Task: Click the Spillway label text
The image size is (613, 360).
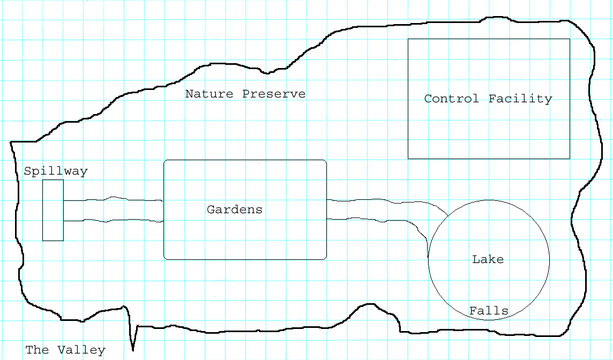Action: click(56, 171)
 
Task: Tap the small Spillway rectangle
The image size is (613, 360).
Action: click(53, 210)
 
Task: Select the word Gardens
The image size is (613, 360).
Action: click(235, 209)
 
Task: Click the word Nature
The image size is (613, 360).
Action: click(209, 94)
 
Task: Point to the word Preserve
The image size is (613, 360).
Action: click(274, 94)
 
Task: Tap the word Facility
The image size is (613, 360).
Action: click(520, 99)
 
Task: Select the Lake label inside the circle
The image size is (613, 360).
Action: click(488, 260)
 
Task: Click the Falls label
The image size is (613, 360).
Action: click(489, 311)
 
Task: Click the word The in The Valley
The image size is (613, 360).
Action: click(38, 350)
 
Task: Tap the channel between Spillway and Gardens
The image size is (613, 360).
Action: click(113, 209)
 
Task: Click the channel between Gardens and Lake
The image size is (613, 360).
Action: click(375, 210)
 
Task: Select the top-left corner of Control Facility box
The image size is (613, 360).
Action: click(408, 39)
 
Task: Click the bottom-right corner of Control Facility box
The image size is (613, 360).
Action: click(570, 159)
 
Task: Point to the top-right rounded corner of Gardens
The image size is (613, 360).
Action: click(325, 161)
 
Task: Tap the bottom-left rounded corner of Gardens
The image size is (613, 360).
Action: click(166, 258)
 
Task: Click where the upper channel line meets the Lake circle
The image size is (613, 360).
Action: click(448, 215)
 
